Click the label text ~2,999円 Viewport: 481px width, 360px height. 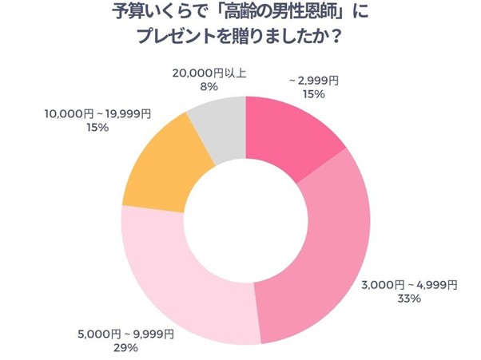point(313,81)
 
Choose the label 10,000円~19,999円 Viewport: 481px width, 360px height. point(97,114)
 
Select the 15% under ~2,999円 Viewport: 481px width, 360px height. point(313,94)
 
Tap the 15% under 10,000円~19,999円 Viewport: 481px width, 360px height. point(97,128)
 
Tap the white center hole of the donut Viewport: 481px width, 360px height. point(245,219)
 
